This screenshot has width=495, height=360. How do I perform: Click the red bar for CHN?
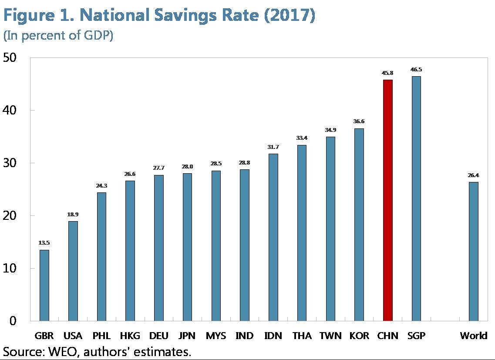(387, 200)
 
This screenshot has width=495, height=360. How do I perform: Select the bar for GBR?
(44, 285)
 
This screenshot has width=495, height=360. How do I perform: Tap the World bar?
(473, 251)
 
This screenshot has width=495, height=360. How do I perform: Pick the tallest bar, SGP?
(416, 199)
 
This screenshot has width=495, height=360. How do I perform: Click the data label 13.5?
(44, 243)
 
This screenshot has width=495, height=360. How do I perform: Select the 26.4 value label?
(473, 175)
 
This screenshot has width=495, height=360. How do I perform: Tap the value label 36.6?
(359, 122)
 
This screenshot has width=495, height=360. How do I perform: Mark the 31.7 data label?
(273, 147)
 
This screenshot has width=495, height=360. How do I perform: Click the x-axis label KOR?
(359, 336)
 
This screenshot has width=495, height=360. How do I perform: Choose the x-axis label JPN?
(187, 336)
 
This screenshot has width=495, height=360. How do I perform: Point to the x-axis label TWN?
(330, 336)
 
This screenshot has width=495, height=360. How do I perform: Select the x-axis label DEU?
(158, 336)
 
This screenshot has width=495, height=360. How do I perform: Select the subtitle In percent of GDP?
(58, 36)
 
